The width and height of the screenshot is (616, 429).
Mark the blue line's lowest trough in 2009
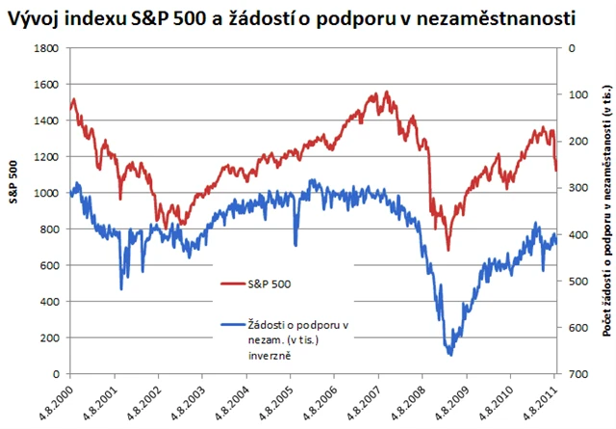[450, 354]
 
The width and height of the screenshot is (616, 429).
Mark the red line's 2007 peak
[387, 93]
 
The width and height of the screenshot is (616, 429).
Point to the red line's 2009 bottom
[448, 250]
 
